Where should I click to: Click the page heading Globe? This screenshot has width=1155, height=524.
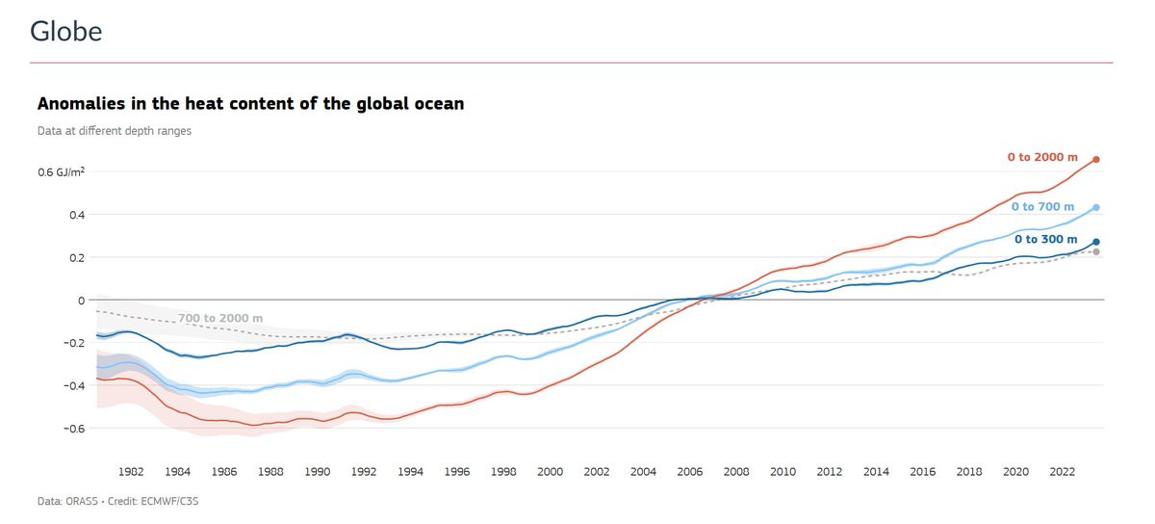click(65, 32)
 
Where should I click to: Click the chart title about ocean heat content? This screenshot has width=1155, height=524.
click(250, 103)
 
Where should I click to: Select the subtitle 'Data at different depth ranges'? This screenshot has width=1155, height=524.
click(114, 131)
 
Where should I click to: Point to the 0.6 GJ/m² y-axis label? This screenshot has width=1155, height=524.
click(61, 171)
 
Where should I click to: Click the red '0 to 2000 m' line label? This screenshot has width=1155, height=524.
click(1042, 157)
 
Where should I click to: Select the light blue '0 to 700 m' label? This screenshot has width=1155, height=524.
click(1042, 207)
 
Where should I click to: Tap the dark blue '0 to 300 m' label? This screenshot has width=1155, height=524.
click(1045, 239)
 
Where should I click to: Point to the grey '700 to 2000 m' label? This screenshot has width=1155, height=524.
click(219, 318)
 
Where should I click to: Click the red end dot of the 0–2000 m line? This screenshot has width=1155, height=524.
click(1096, 159)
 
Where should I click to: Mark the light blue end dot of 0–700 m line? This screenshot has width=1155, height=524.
click(1096, 207)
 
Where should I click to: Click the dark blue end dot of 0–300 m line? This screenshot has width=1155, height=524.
click(1096, 242)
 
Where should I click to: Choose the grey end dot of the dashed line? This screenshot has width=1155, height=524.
click(1096, 252)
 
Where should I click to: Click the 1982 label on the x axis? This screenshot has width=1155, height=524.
click(131, 472)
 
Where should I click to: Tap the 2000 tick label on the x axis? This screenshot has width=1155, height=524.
click(550, 472)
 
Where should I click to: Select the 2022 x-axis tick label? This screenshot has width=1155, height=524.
click(1062, 472)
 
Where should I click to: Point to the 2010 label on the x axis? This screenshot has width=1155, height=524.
click(783, 472)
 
